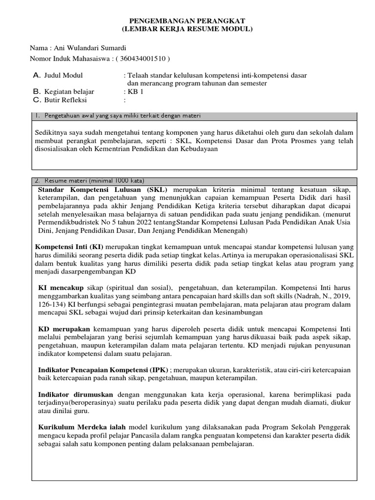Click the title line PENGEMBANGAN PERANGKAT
click(187, 21)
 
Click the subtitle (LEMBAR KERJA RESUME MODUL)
click(187, 29)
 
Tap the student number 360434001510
click(142, 59)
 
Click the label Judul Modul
click(63, 76)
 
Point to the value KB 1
click(136, 92)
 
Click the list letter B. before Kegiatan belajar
click(36, 92)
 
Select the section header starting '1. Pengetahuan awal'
click(117, 116)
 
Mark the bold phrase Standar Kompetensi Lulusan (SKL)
click(103, 189)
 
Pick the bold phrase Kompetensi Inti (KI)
click(69, 247)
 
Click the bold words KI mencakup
click(61, 287)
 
